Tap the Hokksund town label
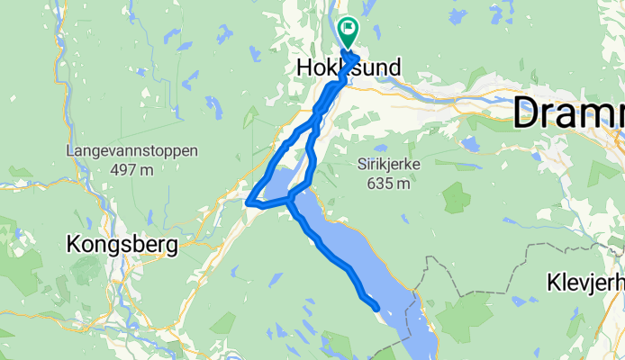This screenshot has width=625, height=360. [348, 67]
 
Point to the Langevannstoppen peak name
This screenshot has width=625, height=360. [131, 151]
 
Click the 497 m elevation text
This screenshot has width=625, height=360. [131, 169]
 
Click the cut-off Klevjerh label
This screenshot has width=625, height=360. [585, 284]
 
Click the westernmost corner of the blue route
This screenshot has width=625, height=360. [248, 202]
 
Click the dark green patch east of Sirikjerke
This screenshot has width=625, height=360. [456, 197]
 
